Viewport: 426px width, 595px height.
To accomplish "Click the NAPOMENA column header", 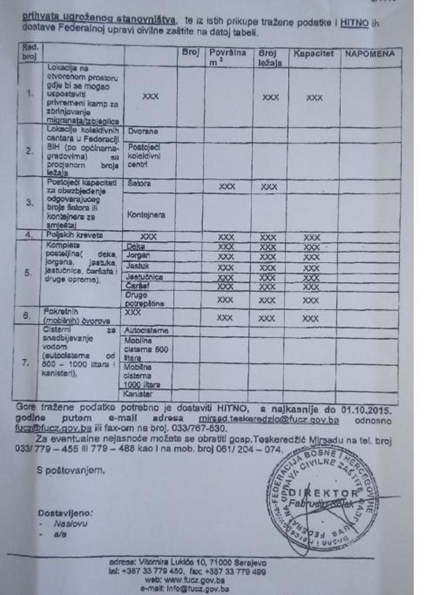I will [370, 54].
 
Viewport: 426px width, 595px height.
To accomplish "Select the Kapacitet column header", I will [314, 54].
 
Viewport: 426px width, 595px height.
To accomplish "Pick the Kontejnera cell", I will [146, 214].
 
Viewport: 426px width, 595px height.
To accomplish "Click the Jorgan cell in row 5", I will [138, 256].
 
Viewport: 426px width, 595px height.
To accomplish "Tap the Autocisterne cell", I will [146, 331].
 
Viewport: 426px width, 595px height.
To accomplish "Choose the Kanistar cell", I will [139, 394].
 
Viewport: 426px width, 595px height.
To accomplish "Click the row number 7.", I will [25, 363].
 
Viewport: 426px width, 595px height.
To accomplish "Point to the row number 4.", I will [29, 235].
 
